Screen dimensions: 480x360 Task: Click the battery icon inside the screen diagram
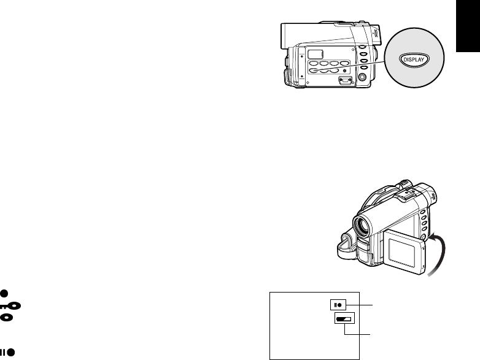click(345, 319)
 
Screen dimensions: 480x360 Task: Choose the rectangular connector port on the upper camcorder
click(345, 79)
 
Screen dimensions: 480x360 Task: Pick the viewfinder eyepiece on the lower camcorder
click(427, 191)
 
